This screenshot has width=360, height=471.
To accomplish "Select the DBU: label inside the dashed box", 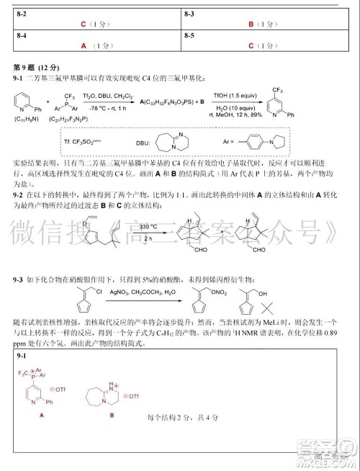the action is click(x=144, y=143).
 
